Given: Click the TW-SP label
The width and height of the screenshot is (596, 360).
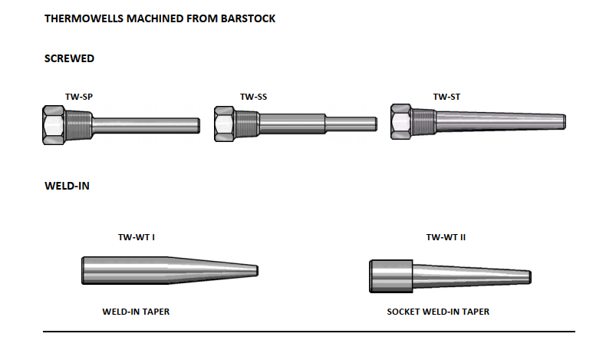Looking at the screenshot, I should [79, 97].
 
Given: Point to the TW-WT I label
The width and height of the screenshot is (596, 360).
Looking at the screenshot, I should [137, 237].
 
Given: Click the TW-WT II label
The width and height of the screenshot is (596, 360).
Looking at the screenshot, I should [446, 237].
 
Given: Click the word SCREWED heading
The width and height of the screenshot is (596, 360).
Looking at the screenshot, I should [69, 58].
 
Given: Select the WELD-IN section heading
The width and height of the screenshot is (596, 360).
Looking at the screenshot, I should [67, 186].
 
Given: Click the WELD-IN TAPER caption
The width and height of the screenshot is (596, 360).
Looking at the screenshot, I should [136, 312].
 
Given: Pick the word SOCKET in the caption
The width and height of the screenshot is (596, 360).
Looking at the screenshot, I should [404, 312].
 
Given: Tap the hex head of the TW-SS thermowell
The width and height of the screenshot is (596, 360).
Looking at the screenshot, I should [224, 123].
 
